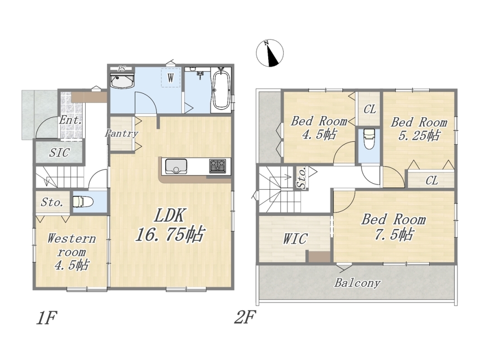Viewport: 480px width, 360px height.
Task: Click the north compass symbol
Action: [270, 53]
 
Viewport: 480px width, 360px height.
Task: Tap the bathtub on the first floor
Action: [221, 89]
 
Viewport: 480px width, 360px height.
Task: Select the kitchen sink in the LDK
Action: [176, 167]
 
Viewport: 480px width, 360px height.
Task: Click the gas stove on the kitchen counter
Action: [217, 167]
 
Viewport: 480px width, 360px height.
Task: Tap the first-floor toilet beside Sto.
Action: [83, 202]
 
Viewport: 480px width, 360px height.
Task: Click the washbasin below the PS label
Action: [122, 81]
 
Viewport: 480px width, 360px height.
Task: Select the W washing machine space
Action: [171, 78]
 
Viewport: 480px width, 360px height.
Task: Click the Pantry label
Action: [121, 134]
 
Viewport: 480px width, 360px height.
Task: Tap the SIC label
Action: [59, 152]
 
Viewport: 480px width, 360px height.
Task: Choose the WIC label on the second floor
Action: [295, 239]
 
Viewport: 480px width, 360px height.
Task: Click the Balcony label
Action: [357, 283]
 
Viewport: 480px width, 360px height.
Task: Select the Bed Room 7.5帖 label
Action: [394, 227]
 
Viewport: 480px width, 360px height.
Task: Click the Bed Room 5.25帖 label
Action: [419, 129]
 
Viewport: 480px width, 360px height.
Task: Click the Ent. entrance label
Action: [71, 120]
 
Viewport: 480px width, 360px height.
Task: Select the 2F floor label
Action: [245, 318]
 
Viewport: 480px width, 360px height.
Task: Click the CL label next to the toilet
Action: [370, 109]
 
